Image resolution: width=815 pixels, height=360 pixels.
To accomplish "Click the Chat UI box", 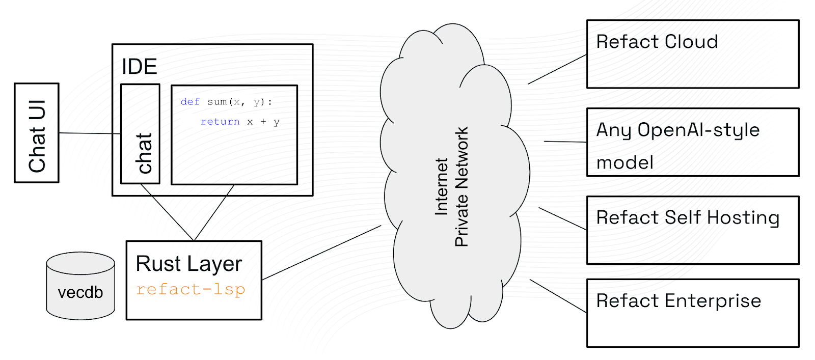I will (x=37, y=133).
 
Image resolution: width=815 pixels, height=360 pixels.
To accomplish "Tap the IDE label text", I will (x=139, y=67).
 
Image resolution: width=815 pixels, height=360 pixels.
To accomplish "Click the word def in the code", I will (x=190, y=102).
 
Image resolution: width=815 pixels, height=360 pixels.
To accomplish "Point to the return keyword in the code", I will (x=220, y=122).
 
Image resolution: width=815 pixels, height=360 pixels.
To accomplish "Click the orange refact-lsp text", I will (x=191, y=289).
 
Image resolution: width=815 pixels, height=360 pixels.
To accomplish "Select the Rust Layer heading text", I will (x=188, y=264).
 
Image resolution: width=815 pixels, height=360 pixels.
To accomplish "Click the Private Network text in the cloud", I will (x=461, y=187).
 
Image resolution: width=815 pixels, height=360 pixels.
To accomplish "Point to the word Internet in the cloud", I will (x=441, y=187).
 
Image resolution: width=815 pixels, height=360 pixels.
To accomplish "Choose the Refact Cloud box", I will (x=693, y=54).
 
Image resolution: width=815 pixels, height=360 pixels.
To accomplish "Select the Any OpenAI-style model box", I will (x=693, y=142).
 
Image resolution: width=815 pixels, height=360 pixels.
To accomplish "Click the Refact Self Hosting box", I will (x=693, y=230).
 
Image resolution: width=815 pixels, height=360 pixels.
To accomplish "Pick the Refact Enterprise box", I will (x=693, y=313).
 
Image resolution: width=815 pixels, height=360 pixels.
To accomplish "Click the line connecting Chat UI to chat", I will (x=90, y=133).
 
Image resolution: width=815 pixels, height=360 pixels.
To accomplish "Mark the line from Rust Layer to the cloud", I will (x=321, y=253).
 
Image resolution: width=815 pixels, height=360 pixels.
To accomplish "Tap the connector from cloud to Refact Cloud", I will (x=557, y=69).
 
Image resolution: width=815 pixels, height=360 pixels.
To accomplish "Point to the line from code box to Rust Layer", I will (x=214, y=212).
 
